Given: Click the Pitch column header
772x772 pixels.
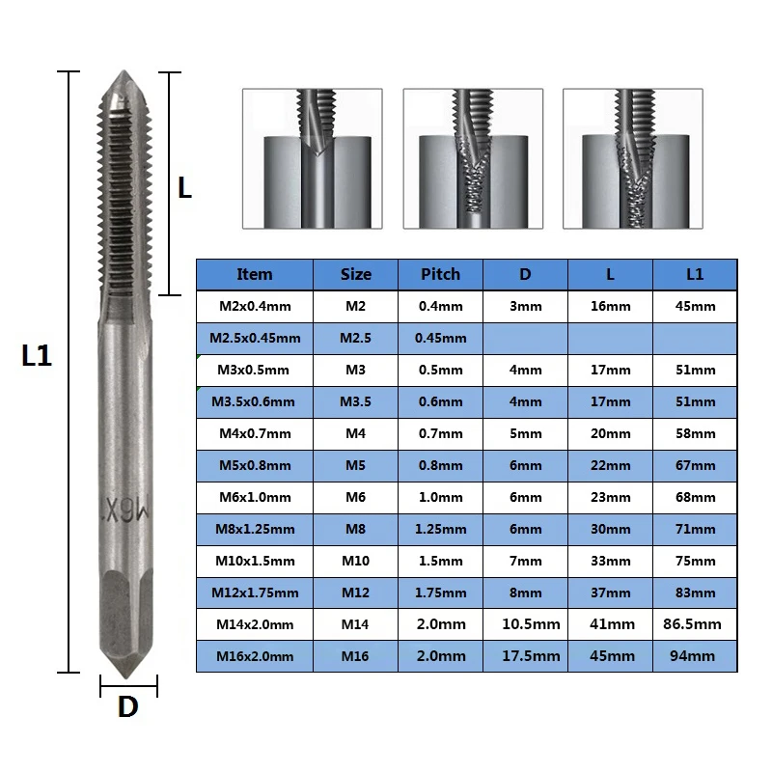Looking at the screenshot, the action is click(x=440, y=274).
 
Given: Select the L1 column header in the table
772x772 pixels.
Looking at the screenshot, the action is click(x=695, y=274).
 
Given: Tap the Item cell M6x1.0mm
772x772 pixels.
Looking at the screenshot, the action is click(x=255, y=497).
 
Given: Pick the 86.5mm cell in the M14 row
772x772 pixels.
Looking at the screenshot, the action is click(x=692, y=624).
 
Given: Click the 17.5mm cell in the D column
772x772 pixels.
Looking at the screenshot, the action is click(x=531, y=656).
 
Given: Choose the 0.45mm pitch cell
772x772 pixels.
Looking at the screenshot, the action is click(x=440, y=339).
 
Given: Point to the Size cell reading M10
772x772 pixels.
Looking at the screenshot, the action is click(x=355, y=561).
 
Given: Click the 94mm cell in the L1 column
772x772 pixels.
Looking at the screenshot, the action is click(x=692, y=656).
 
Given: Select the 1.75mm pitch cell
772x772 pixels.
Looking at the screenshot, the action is click(x=440, y=593).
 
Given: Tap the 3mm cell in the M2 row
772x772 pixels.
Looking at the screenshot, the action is click(x=525, y=306).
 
